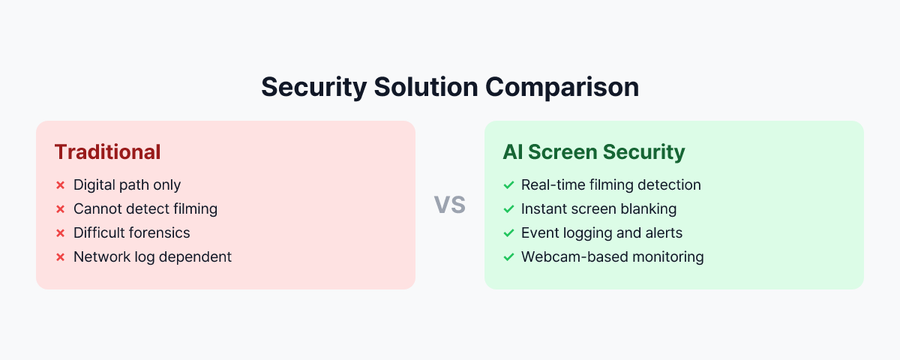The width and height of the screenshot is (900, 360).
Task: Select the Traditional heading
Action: coord(107,152)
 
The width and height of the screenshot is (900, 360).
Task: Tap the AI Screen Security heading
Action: coord(593,152)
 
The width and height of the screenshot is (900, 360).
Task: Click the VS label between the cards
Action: coord(450,204)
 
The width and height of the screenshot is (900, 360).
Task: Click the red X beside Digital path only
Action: coord(60,185)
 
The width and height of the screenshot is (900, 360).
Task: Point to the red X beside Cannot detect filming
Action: coord(60,209)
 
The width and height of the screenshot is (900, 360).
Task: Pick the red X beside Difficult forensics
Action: coord(60,233)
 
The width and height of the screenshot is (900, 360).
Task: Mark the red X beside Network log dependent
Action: coord(60,257)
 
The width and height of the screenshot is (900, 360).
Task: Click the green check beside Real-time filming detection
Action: coord(508,185)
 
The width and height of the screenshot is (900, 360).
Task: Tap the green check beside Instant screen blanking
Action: coord(508,209)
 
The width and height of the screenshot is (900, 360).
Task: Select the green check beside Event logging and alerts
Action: coord(508,233)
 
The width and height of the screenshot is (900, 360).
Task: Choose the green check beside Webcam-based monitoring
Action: coord(508,257)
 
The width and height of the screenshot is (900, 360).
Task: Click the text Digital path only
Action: coord(127,184)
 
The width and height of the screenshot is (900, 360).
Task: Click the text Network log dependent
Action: coord(152,256)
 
